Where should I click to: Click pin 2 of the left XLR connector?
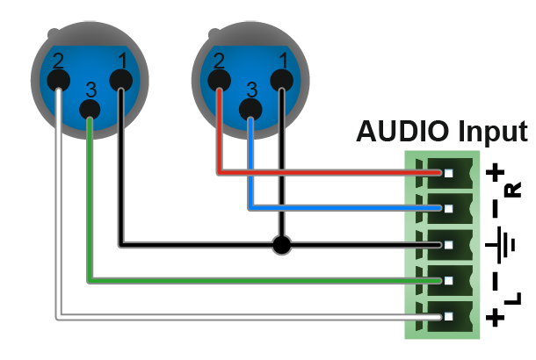click(x=59, y=81)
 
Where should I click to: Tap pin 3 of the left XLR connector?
click(x=90, y=110)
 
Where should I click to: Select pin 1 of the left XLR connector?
click(x=121, y=81)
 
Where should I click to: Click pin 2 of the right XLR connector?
click(x=219, y=81)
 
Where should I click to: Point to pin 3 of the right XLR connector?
click(x=250, y=110)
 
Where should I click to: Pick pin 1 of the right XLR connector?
click(x=282, y=81)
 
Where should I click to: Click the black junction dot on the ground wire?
click(x=282, y=245)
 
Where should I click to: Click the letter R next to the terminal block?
click(x=513, y=190)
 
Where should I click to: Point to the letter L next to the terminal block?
click(x=513, y=299)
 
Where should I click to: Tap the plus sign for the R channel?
click(x=495, y=172)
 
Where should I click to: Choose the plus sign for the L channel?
click(x=495, y=317)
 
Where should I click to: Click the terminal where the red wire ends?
click(x=448, y=173)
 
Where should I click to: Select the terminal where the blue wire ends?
click(x=448, y=208)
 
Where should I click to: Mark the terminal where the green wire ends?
click(x=448, y=281)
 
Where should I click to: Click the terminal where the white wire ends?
click(x=448, y=317)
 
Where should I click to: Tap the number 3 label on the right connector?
click(x=252, y=90)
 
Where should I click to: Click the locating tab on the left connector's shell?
click(x=54, y=33)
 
